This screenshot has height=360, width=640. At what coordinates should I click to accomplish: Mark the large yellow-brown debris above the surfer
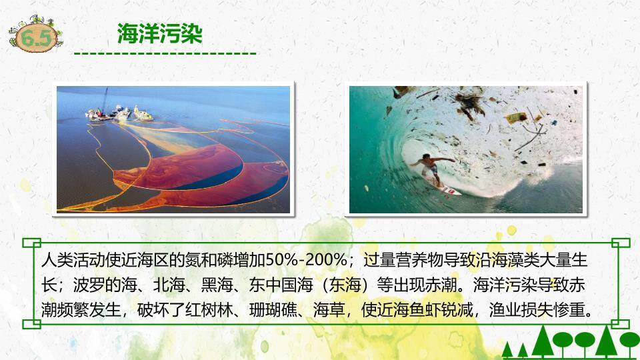(x=516, y=118)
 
